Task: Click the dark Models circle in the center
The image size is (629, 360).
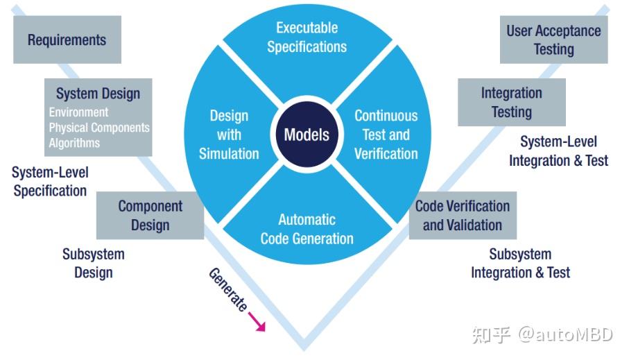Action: click(307, 134)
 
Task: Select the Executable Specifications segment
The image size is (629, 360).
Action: click(307, 38)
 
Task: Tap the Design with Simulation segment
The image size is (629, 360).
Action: click(229, 135)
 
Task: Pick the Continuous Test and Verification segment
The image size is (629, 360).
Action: click(386, 135)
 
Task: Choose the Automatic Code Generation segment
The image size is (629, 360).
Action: click(307, 229)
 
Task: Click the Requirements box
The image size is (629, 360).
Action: click(67, 40)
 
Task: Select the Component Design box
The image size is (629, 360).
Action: click(150, 216)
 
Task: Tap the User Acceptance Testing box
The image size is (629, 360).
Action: click(553, 40)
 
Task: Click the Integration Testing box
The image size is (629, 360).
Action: click(511, 102)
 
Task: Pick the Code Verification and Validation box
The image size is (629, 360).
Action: click(462, 216)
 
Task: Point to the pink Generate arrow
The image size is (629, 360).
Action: click(257, 321)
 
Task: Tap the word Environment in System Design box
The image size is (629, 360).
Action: click(78, 112)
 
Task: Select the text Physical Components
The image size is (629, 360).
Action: click(98, 128)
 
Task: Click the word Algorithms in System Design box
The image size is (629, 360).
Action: click(74, 143)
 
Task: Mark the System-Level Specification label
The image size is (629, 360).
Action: click(51, 181)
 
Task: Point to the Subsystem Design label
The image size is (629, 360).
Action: click(93, 264)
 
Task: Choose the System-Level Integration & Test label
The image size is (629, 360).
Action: click(558, 151)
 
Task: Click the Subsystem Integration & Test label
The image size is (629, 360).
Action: click(520, 264)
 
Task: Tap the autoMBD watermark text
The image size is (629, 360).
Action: click(565, 335)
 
